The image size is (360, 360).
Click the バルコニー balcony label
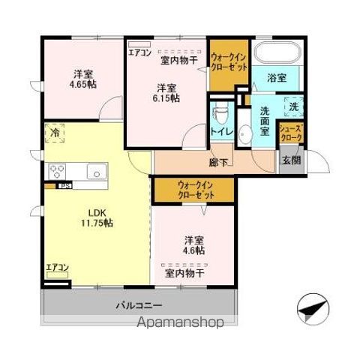139,305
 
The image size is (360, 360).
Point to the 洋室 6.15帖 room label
166,91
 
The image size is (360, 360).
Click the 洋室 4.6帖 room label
194,246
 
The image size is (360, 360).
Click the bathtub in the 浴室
277,53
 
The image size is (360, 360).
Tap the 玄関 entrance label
290,159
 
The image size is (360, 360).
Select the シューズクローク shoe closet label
290,133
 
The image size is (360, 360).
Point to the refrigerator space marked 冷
55,133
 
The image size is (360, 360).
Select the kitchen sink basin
96,171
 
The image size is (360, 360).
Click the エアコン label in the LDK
57,267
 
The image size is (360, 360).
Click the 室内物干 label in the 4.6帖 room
184,273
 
